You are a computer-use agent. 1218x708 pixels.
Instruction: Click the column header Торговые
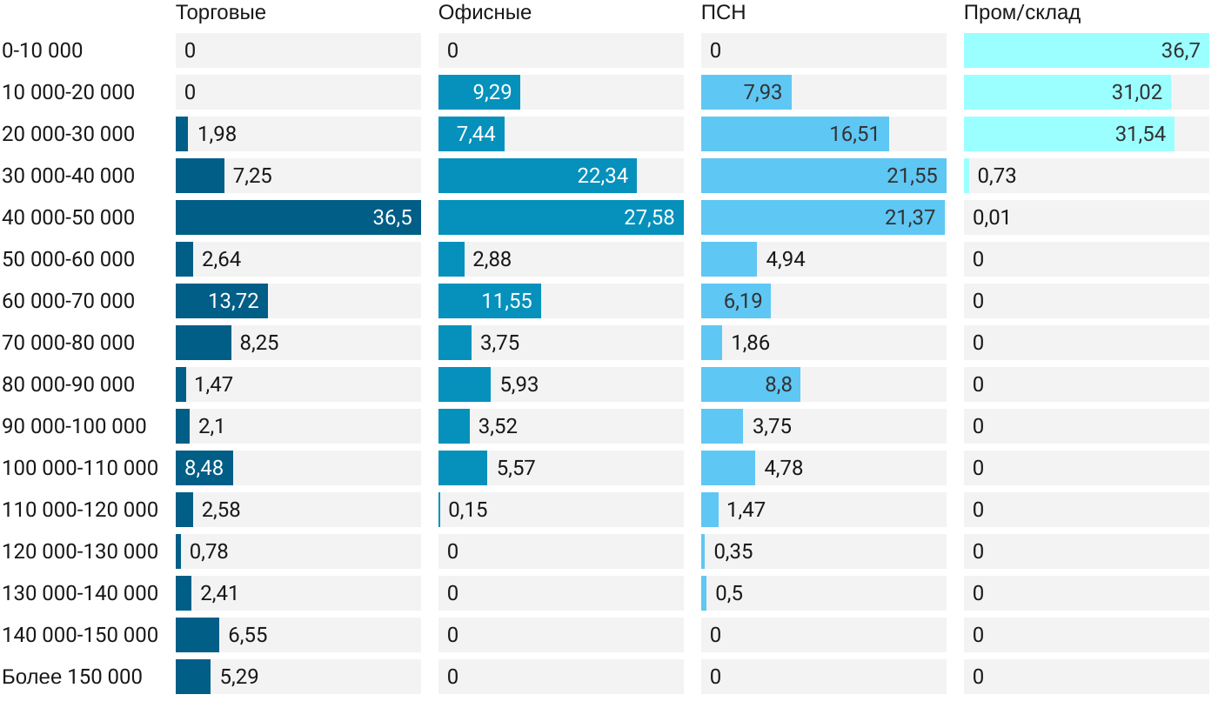point(221,13)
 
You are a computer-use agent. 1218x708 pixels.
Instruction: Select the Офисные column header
point(485,13)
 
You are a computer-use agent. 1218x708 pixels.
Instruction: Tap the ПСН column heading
point(723,13)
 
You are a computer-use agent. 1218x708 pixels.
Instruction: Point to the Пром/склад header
point(1022,13)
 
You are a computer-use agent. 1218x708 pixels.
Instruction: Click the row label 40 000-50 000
point(69,217)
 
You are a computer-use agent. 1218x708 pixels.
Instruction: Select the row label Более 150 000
point(72,677)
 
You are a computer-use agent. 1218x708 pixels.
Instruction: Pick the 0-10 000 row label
point(43,50)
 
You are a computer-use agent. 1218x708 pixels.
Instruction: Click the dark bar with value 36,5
point(298,217)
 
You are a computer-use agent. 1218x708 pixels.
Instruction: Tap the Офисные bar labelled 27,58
point(560,217)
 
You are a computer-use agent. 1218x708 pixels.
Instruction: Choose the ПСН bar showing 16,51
point(794,134)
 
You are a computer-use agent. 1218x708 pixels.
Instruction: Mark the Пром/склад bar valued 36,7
point(1086,50)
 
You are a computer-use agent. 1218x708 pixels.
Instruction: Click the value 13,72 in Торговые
point(234,301)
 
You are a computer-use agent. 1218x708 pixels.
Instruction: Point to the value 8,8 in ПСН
point(779,384)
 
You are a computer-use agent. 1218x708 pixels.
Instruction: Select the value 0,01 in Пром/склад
point(992,217)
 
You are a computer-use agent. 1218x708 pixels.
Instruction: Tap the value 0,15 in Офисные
point(468,510)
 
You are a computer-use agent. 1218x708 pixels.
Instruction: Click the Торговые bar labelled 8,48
point(204,468)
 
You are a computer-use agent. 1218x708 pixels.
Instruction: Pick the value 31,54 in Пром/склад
point(1140,134)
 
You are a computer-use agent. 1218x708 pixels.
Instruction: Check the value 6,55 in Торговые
point(248,635)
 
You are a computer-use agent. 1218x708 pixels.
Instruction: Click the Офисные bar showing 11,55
point(489,301)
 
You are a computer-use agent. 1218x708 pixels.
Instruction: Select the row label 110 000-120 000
point(80,510)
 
